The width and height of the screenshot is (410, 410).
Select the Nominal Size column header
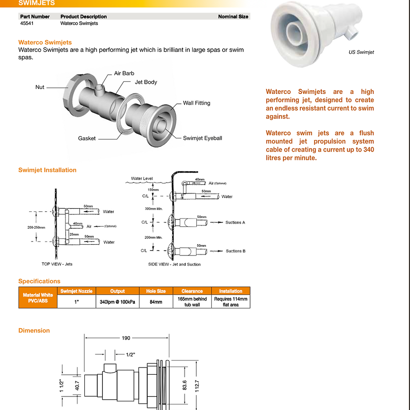tap(233, 17)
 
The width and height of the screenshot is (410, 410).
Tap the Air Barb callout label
tap(124, 73)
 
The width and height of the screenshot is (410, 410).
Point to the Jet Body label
tap(146, 82)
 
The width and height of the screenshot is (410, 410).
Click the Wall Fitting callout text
tap(196, 103)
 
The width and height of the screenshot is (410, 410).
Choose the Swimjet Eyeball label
tap(203, 138)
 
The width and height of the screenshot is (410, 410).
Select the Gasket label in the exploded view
tap(87, 139)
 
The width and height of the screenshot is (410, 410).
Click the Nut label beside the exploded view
tap(40, 87)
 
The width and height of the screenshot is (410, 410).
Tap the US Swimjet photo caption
tap(361, 52)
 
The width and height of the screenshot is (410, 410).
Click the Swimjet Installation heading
tap(47, 170)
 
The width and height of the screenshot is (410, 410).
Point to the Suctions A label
tap(235, 223)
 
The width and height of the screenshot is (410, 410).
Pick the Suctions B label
tap(236, 251)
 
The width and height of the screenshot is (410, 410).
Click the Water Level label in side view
tap(142, 179)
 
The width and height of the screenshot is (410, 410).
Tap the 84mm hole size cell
tap(156, 302)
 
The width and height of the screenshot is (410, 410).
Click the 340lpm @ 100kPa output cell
tap(117, 302)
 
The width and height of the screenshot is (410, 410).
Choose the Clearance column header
tap(192, 291)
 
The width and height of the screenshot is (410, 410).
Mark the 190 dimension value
tap(126, 338)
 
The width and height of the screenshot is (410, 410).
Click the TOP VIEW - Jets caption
tap(57, 264)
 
